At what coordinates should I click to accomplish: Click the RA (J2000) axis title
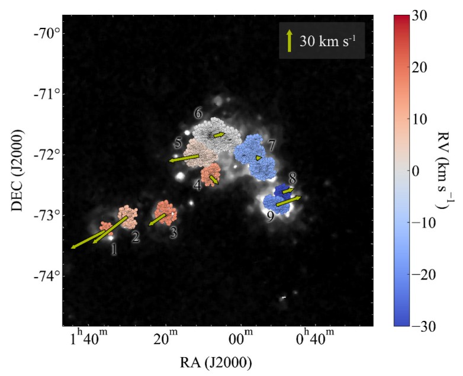coord(217,361)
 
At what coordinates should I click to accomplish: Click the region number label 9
coord(270,217)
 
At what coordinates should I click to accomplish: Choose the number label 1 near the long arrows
coord(114,250)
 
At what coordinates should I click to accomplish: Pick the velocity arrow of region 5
coord(184,158)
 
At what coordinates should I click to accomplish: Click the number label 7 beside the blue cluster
coord(271,145)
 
